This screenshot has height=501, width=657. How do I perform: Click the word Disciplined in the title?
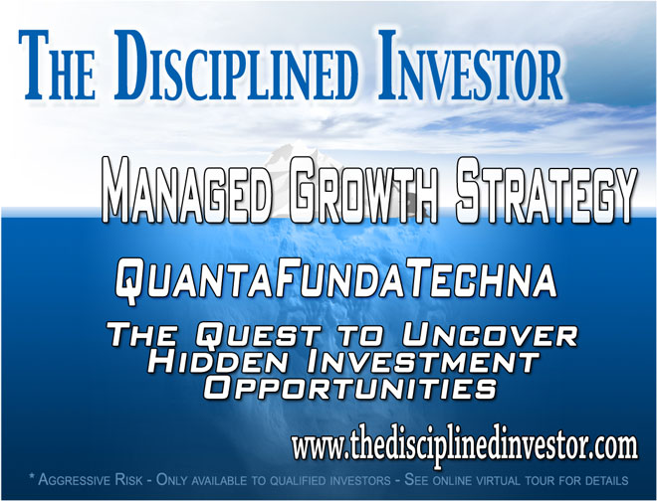236,66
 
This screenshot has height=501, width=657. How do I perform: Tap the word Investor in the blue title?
471,66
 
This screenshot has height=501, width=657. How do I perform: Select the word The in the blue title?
56,67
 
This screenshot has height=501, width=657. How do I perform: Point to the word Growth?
363,191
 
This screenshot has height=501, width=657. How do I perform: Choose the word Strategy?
546,191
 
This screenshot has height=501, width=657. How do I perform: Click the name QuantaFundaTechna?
335,278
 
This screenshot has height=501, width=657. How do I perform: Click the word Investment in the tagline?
423,361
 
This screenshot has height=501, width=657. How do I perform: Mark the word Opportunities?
349,387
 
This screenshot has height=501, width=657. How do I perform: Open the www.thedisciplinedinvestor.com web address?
464,448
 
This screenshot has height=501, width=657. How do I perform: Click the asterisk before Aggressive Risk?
32,476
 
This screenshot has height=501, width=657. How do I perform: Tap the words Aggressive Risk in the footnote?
91,480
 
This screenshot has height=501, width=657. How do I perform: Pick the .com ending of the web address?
615,447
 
